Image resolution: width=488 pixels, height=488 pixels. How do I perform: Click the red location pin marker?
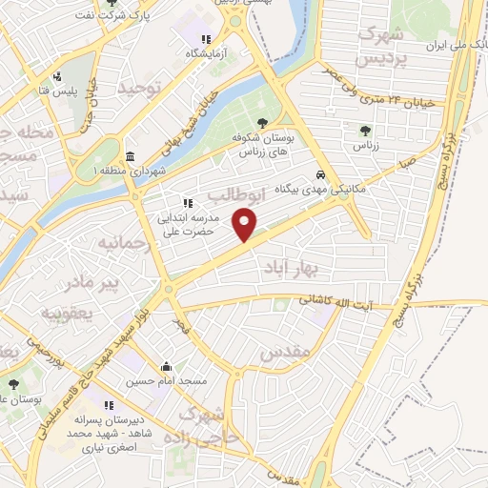[x=246, y=225]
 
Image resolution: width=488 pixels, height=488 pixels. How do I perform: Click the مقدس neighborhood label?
[x=285, y=353]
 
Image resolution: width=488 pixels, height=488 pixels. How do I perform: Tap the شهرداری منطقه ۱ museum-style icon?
[x=131, y=156]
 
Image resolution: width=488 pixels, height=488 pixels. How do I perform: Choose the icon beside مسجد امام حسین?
[x=168, y=366]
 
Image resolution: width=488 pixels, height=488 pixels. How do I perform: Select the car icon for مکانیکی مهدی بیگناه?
[x=322, y=175]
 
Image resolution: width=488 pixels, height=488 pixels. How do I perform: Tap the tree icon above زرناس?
[x=365, y=131]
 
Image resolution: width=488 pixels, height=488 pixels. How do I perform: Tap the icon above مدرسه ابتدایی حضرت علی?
[x=188, y=203]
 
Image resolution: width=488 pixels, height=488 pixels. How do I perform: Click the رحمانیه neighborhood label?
[x=124, y=242]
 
